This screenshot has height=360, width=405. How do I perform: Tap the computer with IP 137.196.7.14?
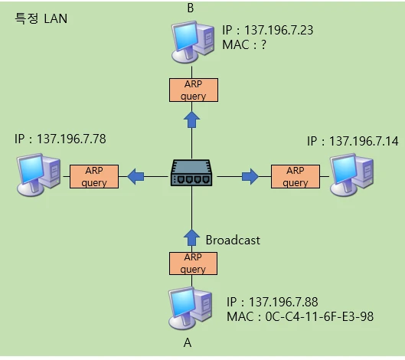[353, 175]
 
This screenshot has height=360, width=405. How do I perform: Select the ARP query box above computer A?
[193, 263]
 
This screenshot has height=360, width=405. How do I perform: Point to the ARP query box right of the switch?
[296, 177]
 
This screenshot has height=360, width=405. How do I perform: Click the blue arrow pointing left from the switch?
[136, 177]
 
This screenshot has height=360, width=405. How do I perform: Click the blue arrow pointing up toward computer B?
[192, 119]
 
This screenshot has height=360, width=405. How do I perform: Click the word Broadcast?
[233, 240]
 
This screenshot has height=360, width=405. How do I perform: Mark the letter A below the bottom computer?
[187, 343]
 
